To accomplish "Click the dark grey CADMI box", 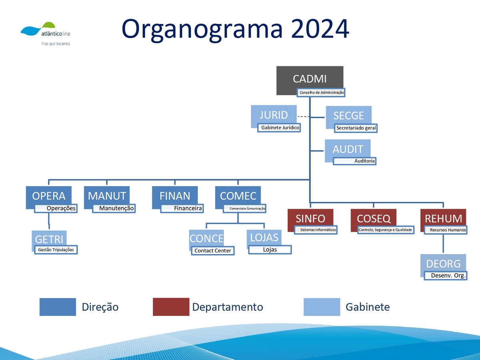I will pyautogui.click(x=310, y=79).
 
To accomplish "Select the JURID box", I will pyautogui.click(x=274, y=115).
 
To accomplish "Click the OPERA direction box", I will pyautogui.click(x=48, y=196).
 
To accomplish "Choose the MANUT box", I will pyautogui.click(x=106, y=196).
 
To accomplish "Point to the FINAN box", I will pyautogui.click(x=175, y=196).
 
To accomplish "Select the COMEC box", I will pyautogui.click(x=238, y=196).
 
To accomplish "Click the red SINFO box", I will pyautogui.click(x=310, y=218).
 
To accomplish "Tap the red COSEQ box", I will pyautogui.click(x=373, y=218).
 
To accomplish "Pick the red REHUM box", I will pyautogui.click(x=443, y=218).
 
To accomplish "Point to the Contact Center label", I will pyautogui.click(x=213, y=251).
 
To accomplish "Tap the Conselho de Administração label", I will pyautogui.click(x=321, y=93).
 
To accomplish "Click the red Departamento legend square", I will pyautogui.click(x=171, y=307).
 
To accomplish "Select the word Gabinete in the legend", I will pyautogui.click(x=367, y=307).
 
